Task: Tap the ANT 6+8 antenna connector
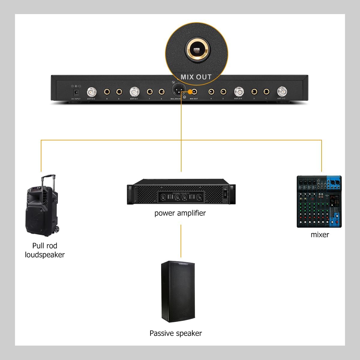(x=91, y=91)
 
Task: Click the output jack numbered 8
(x=107, y=91)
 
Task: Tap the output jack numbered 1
(x=266, y=91)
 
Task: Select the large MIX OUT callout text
(x=196, y=77)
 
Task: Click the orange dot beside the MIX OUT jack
(x=190, y=91)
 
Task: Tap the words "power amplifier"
(x=180, y=213)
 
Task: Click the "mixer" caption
(x=320, y=235)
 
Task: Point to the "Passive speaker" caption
(x=176, y=333)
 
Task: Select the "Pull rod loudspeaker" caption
(x=45, y=250)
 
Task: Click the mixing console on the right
(x=319, y=202)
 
